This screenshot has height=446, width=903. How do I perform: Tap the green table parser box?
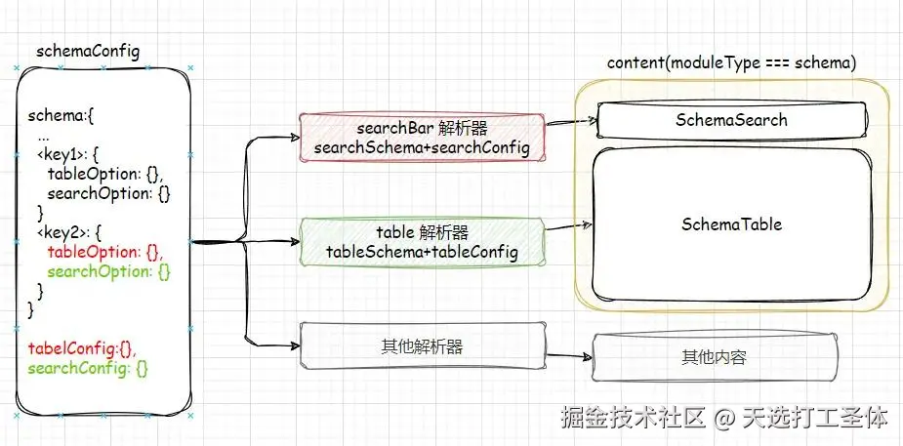[x=422, y=242]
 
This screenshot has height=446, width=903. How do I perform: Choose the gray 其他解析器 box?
[x=422, y=345]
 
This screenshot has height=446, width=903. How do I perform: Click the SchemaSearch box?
[x=730, y=120]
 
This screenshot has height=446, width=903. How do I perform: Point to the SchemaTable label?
[x=731, y=223]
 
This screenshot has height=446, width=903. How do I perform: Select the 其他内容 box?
[x=714, y=357]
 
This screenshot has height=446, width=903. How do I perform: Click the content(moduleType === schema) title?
[x=731, y=62]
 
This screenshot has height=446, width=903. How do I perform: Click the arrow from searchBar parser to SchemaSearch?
[x=569, y=124]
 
